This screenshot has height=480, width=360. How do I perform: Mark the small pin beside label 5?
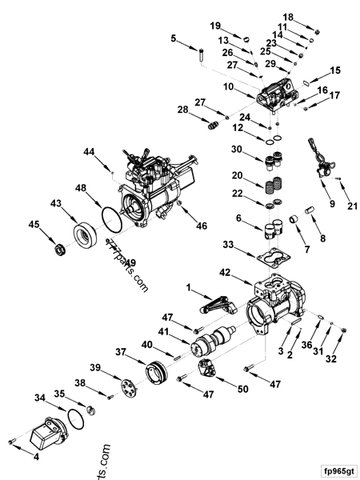pos(202,57)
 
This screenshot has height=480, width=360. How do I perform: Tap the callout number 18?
pos(310,16)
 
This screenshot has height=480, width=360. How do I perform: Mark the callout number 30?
pos(236,149)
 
